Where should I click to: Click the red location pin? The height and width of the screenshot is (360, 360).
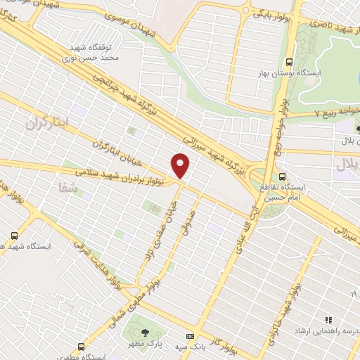click(x=181, y=166)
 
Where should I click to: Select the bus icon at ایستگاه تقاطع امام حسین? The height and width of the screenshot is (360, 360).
click(x=282, y=176)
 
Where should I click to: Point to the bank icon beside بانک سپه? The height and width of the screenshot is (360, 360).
click(x=189, y=337)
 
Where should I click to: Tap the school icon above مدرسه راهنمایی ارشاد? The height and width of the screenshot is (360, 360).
click(x=328, y=320)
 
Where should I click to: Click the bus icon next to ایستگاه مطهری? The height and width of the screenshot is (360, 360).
click(x=82, y=347)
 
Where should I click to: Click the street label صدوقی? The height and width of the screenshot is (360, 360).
click(x=185, y=226)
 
